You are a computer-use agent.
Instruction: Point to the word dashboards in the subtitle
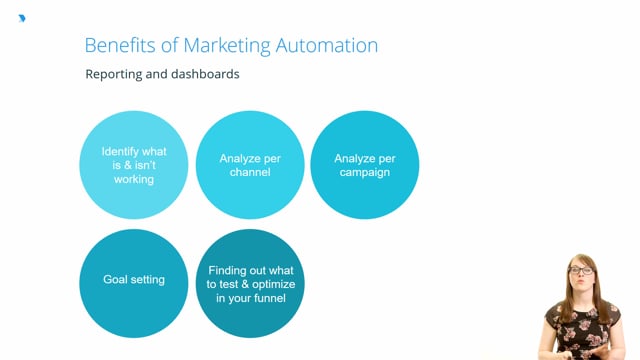203,74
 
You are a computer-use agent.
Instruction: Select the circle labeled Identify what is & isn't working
134,165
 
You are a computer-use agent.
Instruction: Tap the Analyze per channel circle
250,165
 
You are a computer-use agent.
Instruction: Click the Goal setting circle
134,284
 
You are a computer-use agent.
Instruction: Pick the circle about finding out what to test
250,284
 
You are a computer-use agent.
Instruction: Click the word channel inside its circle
250,172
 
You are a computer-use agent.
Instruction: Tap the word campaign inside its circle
364,172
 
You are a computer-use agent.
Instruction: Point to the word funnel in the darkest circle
271,298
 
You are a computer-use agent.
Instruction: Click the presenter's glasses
580,271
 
